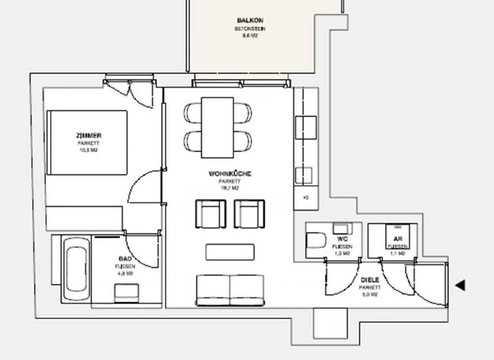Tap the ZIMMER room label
coord(87,136)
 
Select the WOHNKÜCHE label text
coord(230,174)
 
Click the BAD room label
coord(125,258)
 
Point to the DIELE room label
coord(370,280)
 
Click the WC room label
coord(342,239)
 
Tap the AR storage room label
coord(397,239)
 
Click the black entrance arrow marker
coord(459,285)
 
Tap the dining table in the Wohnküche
coord(217,127)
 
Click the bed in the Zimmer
coord(87,142)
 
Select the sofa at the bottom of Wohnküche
coord(230,290)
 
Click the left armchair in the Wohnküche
coord(210,213)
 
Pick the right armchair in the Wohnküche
coord(249,213)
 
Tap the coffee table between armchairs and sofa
coord(230,251)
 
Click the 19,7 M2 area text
coord(230,189)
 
